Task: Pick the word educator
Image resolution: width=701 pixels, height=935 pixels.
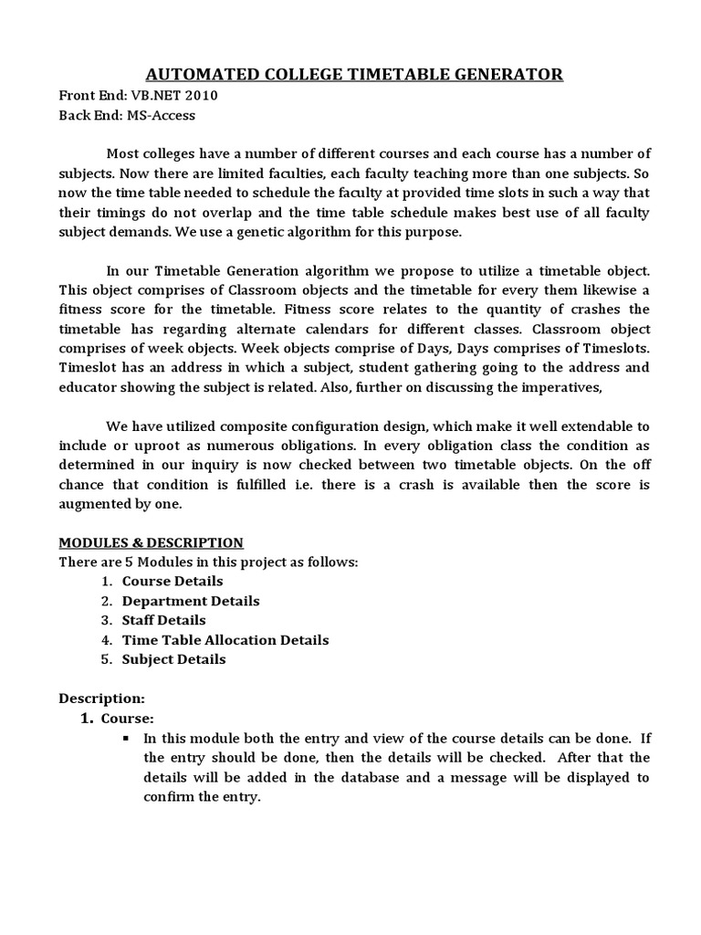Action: [90, 388]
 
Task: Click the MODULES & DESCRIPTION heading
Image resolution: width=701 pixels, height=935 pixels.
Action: [151, 542]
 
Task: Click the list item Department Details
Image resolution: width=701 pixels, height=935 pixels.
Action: [191, 601]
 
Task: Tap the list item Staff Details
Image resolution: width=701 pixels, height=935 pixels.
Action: [163, 620]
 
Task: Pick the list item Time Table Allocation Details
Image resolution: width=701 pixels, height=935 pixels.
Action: [225, 640]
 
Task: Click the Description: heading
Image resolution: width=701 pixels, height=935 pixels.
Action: [101, 699]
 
